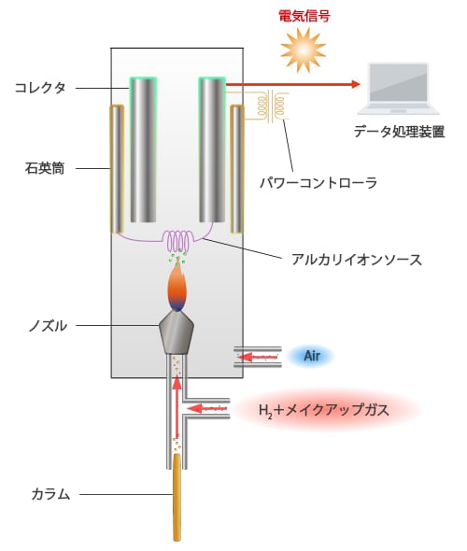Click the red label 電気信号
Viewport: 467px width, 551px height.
(304, 16)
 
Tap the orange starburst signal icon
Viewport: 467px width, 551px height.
(303, 50)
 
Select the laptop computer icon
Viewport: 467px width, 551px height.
(399, 89)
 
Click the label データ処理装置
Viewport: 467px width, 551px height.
(399, 132)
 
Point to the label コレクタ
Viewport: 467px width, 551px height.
(40, 88)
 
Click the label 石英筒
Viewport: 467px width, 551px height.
(45, 168)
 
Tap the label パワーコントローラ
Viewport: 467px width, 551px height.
(318, 183)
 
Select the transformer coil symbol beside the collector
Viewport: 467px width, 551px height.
(273, 106)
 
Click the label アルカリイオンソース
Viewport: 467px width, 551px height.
(357, 260)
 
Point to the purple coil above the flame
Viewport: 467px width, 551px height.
(179, 240)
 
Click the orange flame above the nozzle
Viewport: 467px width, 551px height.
(177, 289)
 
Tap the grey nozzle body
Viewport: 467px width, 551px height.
(177, 332)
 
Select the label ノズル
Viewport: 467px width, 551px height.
(48, 326)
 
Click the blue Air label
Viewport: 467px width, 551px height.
(312, 357)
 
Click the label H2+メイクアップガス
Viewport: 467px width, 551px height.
(324, 410)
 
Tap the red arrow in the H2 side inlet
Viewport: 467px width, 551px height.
(207, 408)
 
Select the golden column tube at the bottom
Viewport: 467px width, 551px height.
(177, 497)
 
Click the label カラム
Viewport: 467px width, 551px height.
(50, 494)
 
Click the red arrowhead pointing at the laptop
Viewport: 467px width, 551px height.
(356, 84)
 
